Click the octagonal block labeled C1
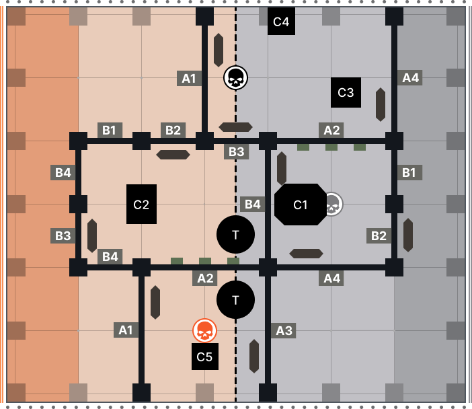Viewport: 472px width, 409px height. pyautogui.click(x=300, y=204)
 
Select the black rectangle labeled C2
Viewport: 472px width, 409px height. pyautogui.click(x=141, y=204)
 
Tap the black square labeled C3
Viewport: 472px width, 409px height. pyautogui.click(x=346, y=92)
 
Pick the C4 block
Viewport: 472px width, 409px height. pyautogui.click(x=280, y=22)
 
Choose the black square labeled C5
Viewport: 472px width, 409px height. pyautogui.click(x=204, y=357)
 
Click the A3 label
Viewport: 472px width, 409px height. pyautogui.click(x=284, y=330)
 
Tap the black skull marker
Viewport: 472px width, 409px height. pyautogui.click(x=235, y=78)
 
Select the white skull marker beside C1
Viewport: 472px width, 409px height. pyautogui.click(x=331, y=204)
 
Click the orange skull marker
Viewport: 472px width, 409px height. pyautogui.click(x=204, y=330)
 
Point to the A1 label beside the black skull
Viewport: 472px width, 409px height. pyautogui.click(x=189, y=78)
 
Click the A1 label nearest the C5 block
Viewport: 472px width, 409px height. pyautogui.click(x=126, y=330)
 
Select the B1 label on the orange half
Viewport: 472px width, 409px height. pyautogui.click(x=110, y=130)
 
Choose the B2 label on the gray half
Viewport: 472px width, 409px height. pyautogui.click(x=379, y=235)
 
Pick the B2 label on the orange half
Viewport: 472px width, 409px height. pyautogui.click(x=173, y=130)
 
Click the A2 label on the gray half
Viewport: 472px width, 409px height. pyautogui.click(x=331, y=130)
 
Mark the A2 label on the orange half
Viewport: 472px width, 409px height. pyautogui.click(x=204, y=278)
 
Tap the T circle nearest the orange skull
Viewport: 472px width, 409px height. pyautogui.click(x=235, y=299)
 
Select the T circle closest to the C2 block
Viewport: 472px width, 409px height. pyautogui.click(x=235, y=235)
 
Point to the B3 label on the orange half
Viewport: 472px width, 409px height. pyautogui.click(x=63, y=235)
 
